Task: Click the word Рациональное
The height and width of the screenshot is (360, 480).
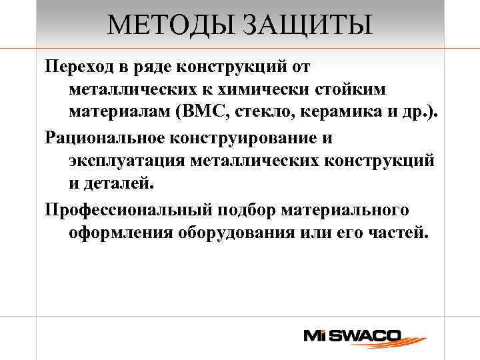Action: click(109, 138)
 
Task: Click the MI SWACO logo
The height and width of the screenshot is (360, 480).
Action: click(351, 335)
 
